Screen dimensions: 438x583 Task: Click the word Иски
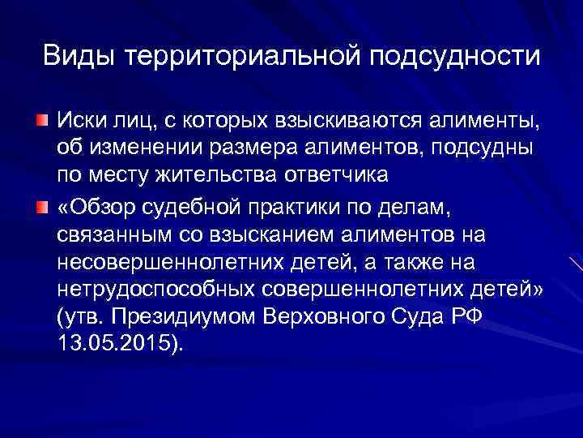pos(80,122)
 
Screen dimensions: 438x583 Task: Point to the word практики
pos(301,208)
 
